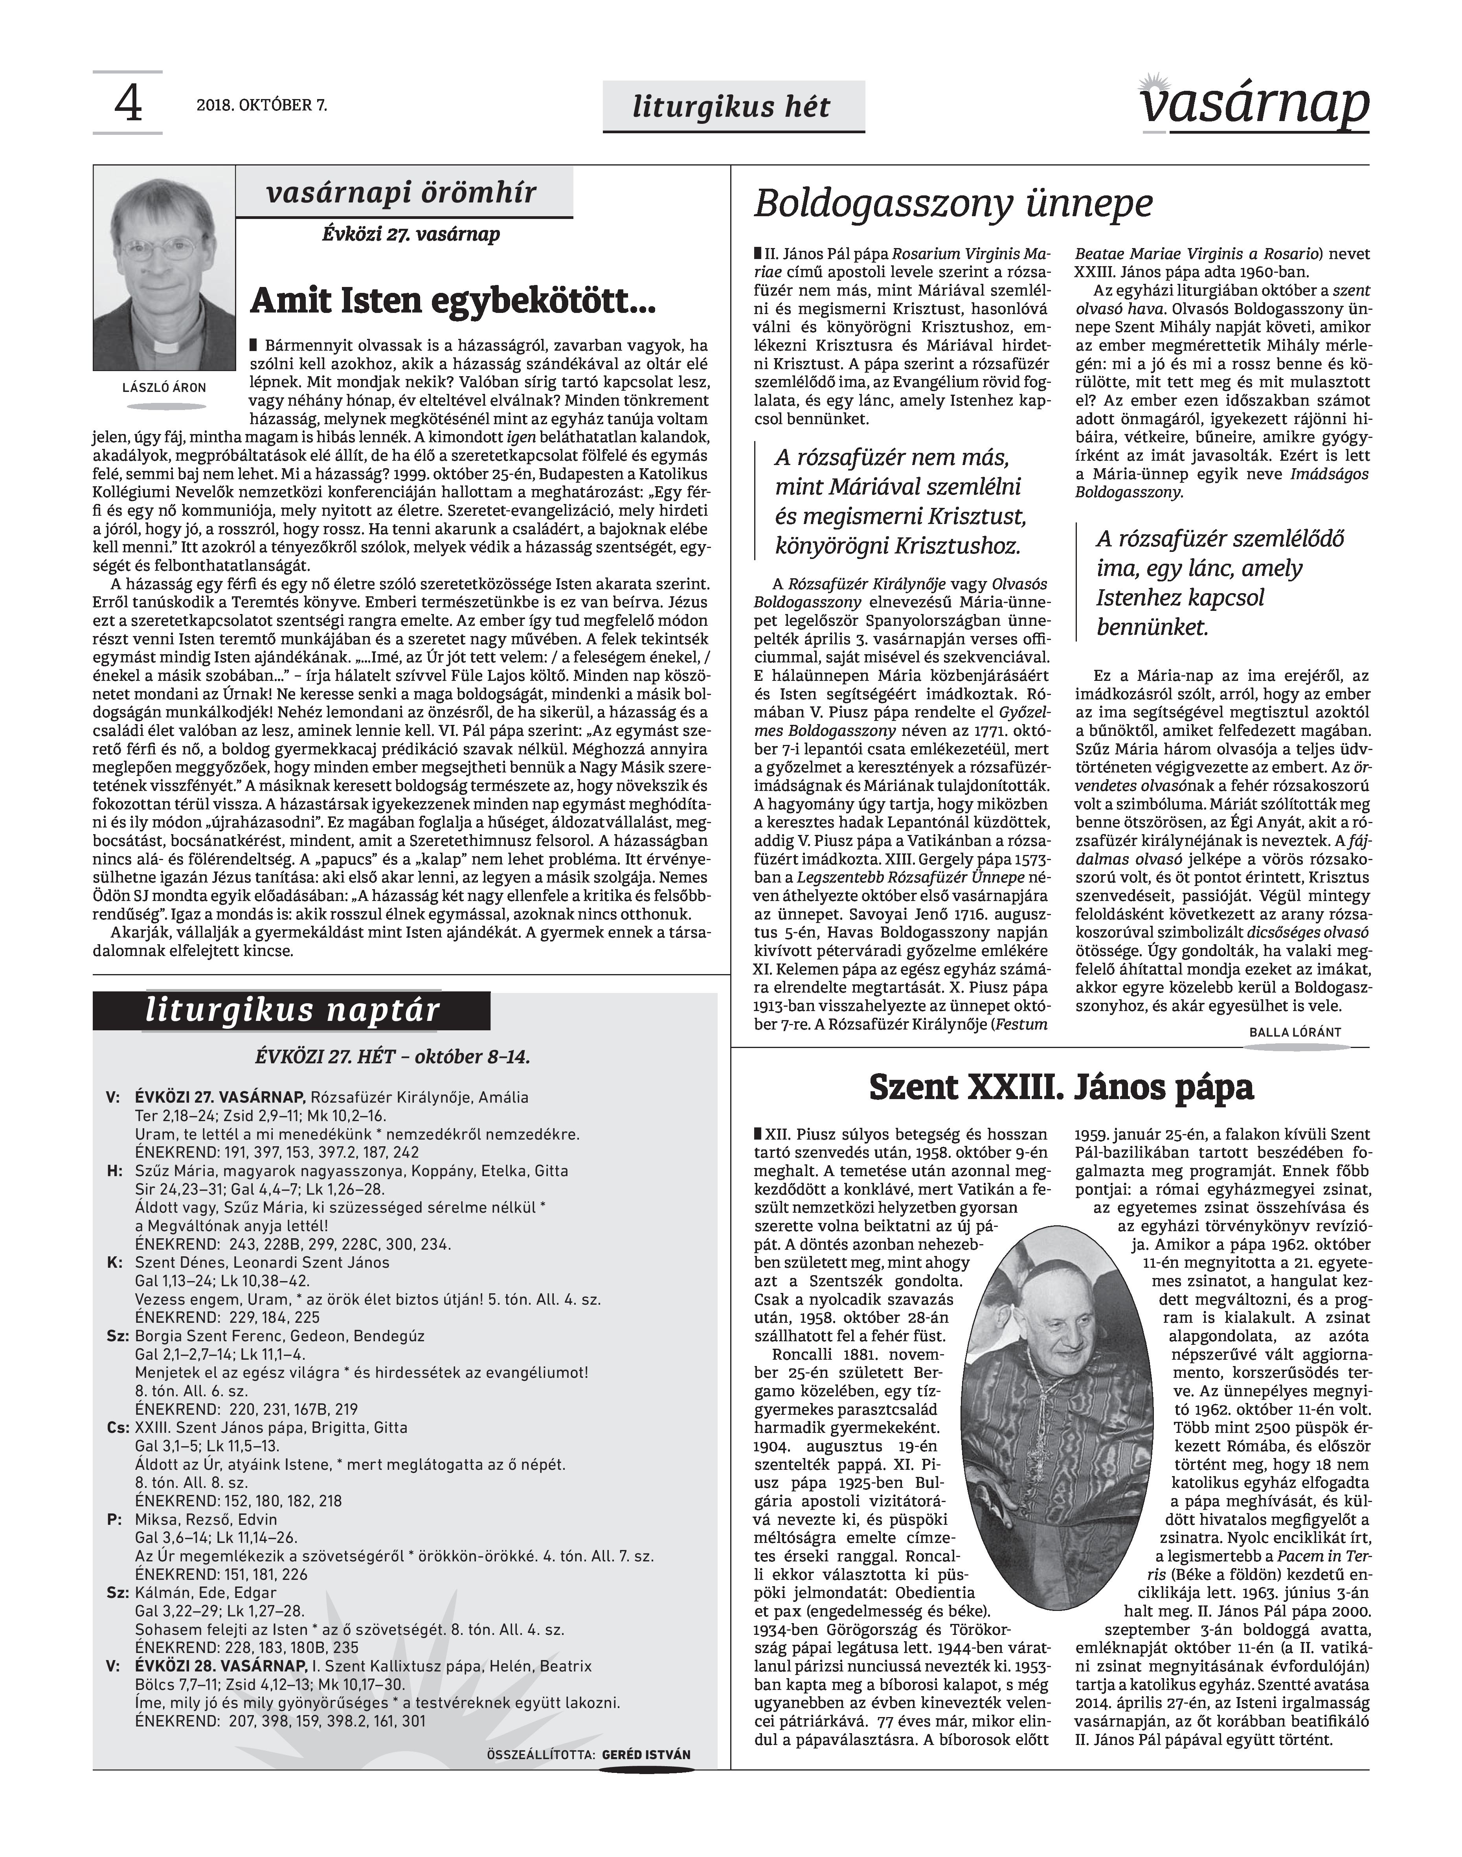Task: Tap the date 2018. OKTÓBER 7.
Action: (x=262, y=106)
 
